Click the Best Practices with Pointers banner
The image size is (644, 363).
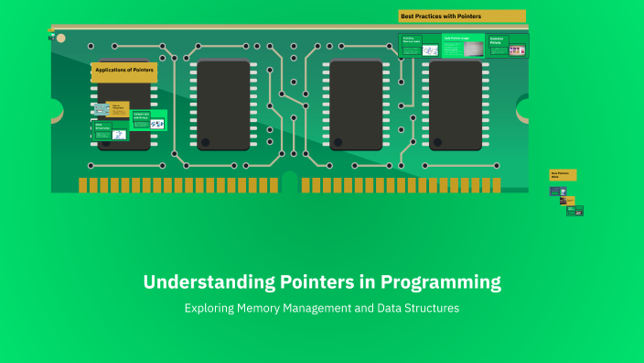click(x=462, y=16)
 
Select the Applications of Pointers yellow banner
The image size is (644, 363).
click(x=123, y=70)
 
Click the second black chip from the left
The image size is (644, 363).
click(x=223, y=104)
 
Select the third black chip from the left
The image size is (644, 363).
click(x=356, y=104)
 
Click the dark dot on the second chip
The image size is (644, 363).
click(x=206, y=142)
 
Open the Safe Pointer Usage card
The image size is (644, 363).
click(x=463, y=46)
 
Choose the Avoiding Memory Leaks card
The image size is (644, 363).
click(x=418, y=46)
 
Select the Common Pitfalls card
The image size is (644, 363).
click(x=507, y=46)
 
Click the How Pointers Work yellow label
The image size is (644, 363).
click(x=563, y=174)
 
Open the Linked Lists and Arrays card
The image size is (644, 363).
click(x=148, y=120)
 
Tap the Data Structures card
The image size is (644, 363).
click(x=111, y=131)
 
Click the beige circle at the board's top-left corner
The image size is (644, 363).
click(x=60, y=38)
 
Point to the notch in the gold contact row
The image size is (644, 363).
click(x=290, y=181)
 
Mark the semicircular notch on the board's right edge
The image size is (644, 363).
click(x=525, y=109)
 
